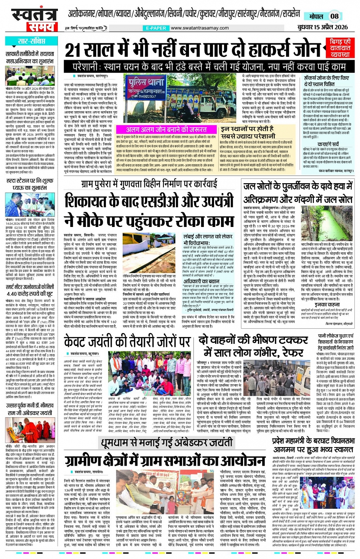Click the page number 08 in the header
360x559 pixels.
pyautogui.click(x=334, y=16)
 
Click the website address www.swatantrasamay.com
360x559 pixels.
pyautogui.click(x=200, y=28)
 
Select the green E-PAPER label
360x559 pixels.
pyautogui.click(x=156, y=28)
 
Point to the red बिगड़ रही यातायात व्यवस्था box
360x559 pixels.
pyautogui.click(x=340, y=48)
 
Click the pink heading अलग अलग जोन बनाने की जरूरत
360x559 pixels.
pyautogui.click(x=166, y=129)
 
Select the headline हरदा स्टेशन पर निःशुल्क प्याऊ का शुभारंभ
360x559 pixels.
pyautogui.click(x=31, y=184)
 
